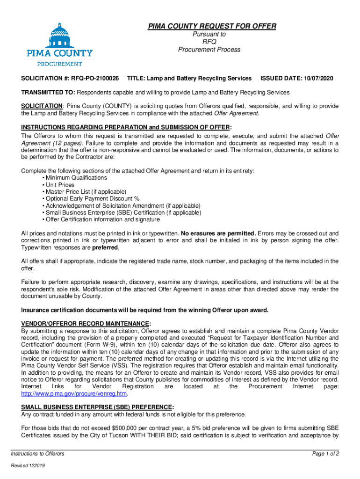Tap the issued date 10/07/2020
tap(317, 78)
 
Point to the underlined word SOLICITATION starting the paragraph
tap(42, 106)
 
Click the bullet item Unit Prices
tap(60, 185)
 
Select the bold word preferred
tap(105, 247)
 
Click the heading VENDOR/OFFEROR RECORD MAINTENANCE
tap(86, 324)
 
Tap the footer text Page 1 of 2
tap(325, 454)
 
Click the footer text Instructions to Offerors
tap(38, 454)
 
